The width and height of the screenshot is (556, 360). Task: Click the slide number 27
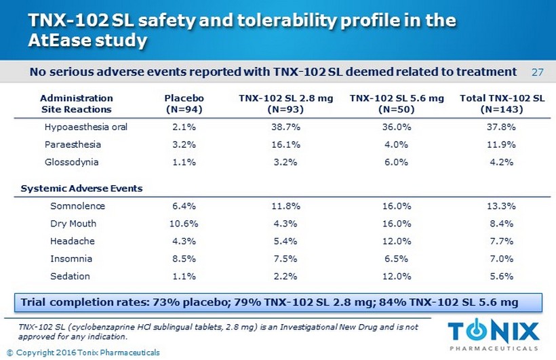pos(537,72)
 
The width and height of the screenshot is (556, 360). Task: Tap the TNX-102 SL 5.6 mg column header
pos(397,103)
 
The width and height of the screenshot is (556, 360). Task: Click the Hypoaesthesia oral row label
pos(85,127)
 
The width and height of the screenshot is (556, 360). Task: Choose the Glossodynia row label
pos(71,162)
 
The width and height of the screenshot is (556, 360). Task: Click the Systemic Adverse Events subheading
pos(81,188)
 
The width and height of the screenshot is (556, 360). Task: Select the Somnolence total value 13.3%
pos(502,206)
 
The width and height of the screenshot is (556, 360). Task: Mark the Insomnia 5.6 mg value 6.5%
pos(397,258)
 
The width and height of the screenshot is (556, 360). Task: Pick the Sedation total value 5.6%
pos(502,276)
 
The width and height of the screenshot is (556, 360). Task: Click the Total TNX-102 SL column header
pos(502,103)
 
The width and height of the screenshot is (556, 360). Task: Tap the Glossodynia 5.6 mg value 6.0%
pos(397,162)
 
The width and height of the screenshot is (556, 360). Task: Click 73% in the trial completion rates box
pos(175,302)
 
